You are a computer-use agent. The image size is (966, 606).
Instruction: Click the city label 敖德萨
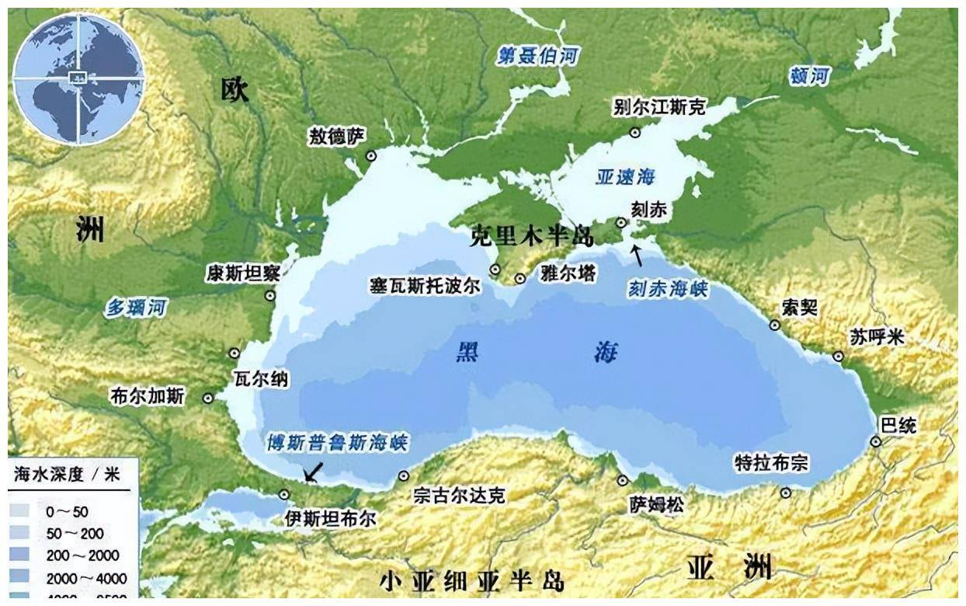[x=335, y=137]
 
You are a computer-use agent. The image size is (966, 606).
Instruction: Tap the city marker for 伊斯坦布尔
[x=284, y=494]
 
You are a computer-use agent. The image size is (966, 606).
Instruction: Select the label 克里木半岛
[x=531, y=236]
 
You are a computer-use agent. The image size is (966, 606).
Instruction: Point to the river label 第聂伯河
[x=538, y=56]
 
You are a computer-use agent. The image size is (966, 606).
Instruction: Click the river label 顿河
[x=809, y=76]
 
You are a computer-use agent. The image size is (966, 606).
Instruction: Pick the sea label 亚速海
[x=625, y=177]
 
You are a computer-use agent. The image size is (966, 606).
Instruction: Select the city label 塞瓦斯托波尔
[x=425, y=285]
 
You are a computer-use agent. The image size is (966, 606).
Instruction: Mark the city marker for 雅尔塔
[x=520, y=278]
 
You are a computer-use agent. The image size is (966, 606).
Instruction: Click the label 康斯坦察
[x=243, y=273]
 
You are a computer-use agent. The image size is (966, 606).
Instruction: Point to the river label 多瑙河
[x=136, y=308]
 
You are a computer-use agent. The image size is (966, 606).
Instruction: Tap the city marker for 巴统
[x=876, y=441]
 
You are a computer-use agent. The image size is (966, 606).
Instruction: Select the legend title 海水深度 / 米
[x=67, y=475]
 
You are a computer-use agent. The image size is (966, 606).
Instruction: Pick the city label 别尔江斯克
[x=658, y=107]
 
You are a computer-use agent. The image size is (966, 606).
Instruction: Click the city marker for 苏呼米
[x=838, y=356]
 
